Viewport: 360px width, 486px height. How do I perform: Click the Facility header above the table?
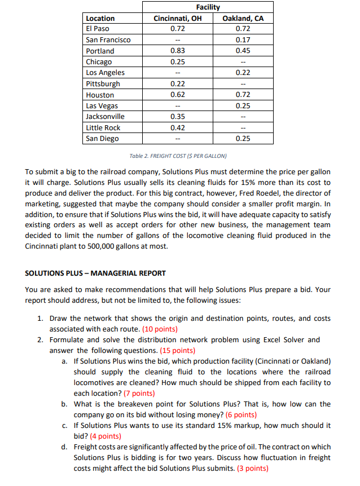(x=208, y=7)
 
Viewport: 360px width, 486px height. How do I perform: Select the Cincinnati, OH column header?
(x=178, y=18)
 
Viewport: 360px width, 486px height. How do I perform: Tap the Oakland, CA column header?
(x=243, y=18)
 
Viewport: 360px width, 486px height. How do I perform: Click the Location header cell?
(x=100, y=18)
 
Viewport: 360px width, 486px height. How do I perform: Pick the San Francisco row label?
(x=108, y=40)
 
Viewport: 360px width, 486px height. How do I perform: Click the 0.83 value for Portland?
(x=178, y=51)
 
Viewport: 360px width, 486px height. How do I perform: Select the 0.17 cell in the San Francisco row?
(x=243, y=40)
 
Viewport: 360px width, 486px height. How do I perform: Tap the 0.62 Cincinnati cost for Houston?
(x=178, y=95)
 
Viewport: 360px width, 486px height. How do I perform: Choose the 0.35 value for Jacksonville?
(x=178, y=117)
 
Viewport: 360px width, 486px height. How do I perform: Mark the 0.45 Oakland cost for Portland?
(x=243, y=51)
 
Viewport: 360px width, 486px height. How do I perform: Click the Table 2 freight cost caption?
(x=179, y=156)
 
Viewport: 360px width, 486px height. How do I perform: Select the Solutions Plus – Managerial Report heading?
(x=96, y=273)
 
